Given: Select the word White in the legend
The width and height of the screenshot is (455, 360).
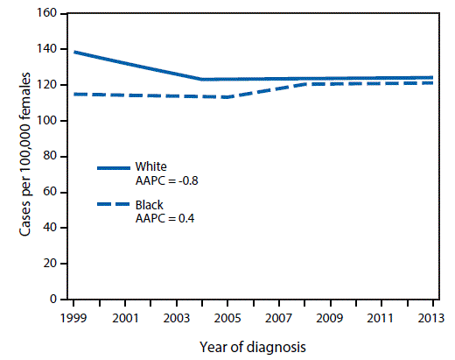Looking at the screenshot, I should pos(150,166).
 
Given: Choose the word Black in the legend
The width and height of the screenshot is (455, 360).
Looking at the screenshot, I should pos(150,205).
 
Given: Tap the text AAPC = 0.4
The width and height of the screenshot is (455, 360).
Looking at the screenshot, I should pos(164,218).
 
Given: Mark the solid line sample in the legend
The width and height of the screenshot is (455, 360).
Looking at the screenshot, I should pos(113,167).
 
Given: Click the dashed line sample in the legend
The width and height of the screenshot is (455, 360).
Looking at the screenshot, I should pos(113,206).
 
